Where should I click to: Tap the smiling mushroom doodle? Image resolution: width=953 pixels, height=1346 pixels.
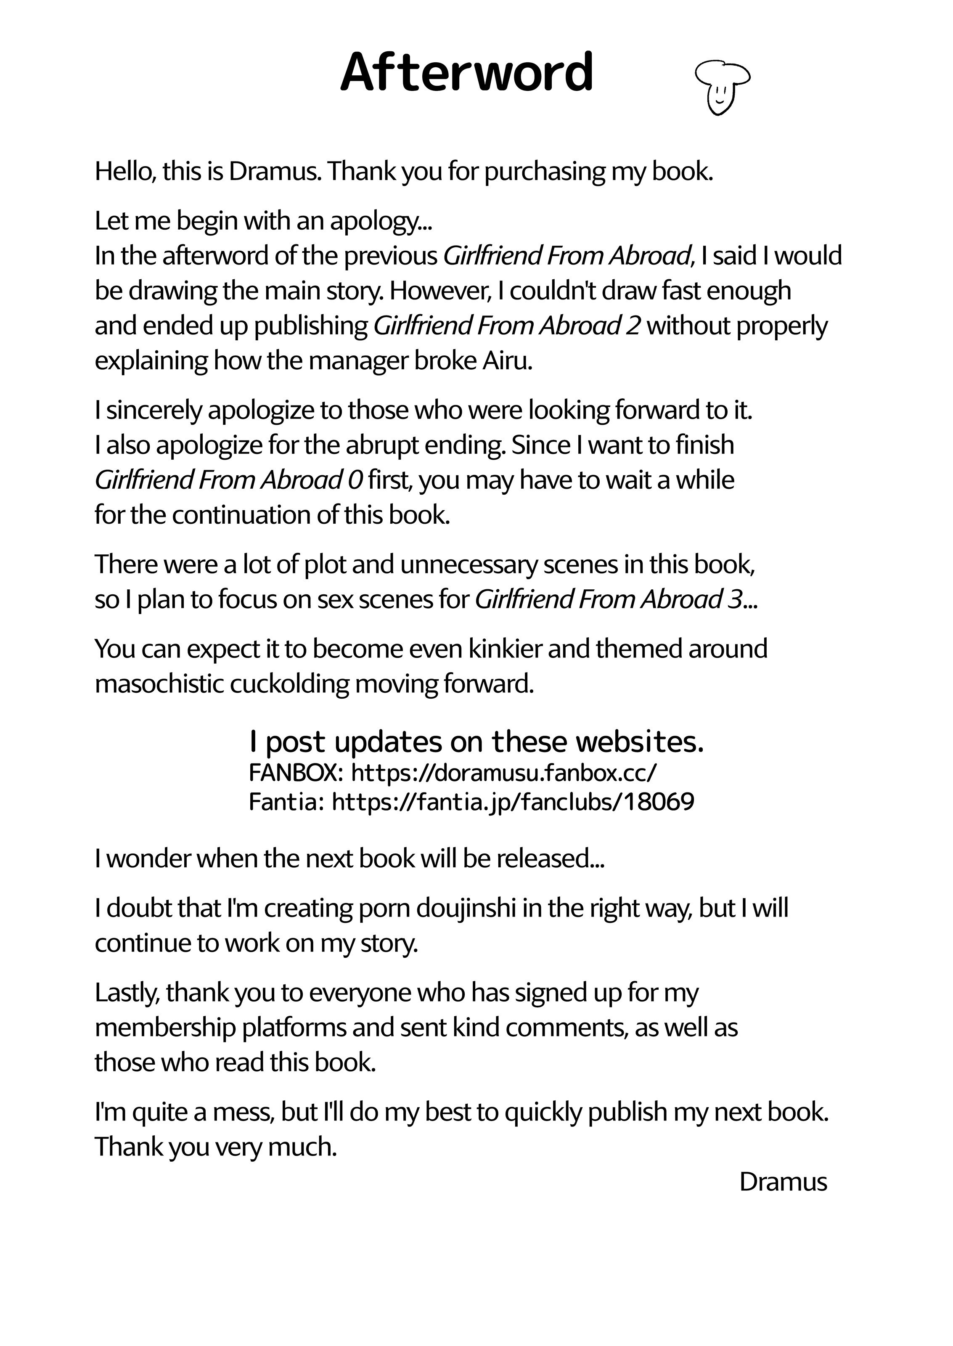tap(722, 87)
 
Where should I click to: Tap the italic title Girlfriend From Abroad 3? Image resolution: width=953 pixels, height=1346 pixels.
tap(609, 599)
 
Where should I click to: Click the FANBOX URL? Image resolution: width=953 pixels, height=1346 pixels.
tap(504, 774)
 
